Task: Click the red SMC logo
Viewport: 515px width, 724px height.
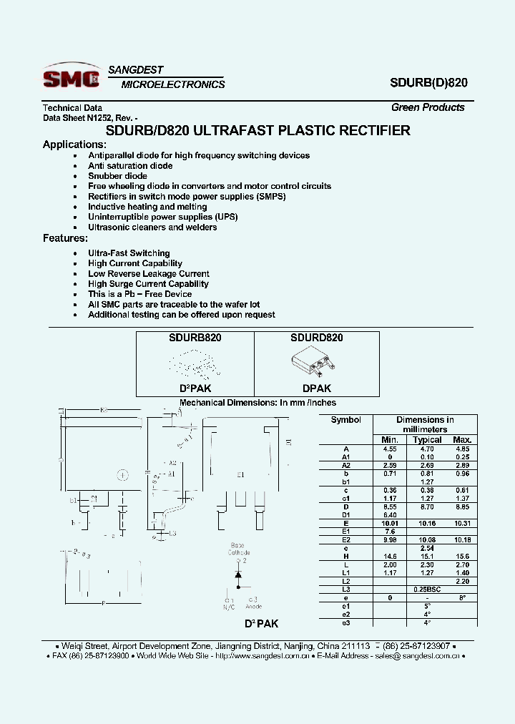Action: (70, 77)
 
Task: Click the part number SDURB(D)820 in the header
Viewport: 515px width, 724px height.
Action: (429, 82)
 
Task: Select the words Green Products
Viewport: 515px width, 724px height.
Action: (428, 107)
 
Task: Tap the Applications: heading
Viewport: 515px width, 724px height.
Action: (74, 145)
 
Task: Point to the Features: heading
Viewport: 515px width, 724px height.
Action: (65, 238)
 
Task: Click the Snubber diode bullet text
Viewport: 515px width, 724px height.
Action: (117, 176)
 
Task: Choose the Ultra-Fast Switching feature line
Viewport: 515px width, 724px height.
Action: (129, 253)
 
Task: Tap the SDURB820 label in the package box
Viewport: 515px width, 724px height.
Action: (195, 338)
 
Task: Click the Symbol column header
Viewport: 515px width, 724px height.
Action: (345, 420)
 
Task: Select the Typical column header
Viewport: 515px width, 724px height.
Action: (427, 439)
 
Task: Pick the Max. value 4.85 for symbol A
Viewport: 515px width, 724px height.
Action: (462, 449)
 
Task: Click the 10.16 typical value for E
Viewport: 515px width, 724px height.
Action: (427, 523)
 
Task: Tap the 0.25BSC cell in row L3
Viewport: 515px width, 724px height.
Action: (427, 589)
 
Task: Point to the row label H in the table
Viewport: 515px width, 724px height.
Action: (345, 556)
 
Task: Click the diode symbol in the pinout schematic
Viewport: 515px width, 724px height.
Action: (239, 574)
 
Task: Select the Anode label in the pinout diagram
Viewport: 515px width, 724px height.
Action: (253, 607)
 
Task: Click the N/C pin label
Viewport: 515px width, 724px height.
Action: (229, 607)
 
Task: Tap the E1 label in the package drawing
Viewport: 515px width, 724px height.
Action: (240, 474)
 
